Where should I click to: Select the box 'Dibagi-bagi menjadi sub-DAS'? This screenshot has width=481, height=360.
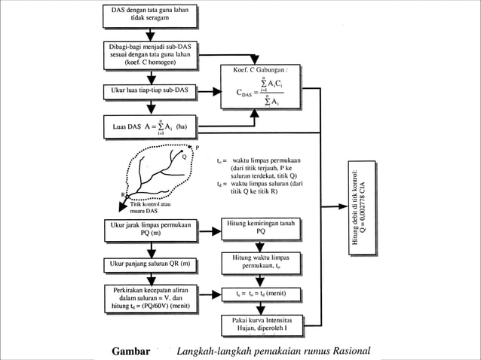(x=150, y=54)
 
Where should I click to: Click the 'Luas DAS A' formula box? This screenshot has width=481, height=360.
(x=150, y=126)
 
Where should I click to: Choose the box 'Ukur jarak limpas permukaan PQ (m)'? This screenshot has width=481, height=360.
(x=150, y=229)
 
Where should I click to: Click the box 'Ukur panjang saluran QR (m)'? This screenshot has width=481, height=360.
(x=150, y=264)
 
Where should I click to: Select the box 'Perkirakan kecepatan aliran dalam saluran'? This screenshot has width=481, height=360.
(x=150, y=298)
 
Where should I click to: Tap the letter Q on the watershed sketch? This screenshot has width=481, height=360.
(x=184, y=157)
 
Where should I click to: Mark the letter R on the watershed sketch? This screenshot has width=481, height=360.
(x=122, y=195)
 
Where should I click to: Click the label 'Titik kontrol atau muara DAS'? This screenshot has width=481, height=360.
(x=150, y=207)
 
